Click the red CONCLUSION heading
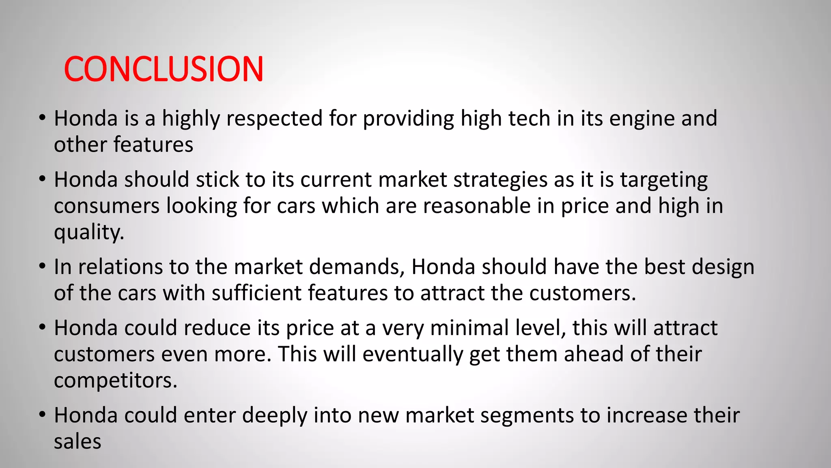click(x=164, y=69)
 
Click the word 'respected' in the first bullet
click(x=274, y=119)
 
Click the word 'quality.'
click(x=89, y=232)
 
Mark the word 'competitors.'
click(x=116, y=381)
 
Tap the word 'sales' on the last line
click(x=78, y=442)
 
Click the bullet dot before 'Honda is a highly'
click(x=42, y=118)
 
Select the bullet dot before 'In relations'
click(x=42, y=266)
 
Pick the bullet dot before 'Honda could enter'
click(x=42, y=415)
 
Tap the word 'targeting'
click(x=664, y=180)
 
